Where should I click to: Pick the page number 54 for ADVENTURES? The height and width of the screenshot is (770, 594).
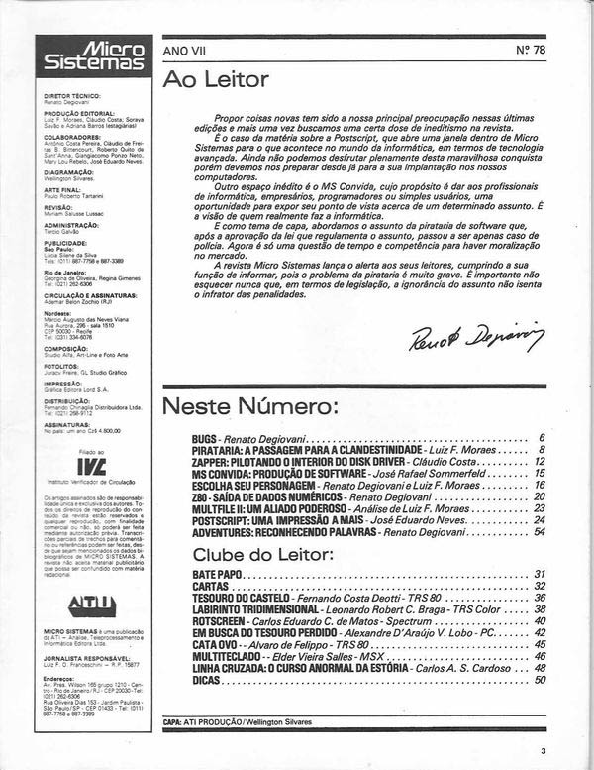click(540, 531)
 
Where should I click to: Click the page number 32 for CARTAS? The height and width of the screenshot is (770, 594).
click(540, 586)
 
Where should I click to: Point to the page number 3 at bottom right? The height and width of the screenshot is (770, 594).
click(543, 750)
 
